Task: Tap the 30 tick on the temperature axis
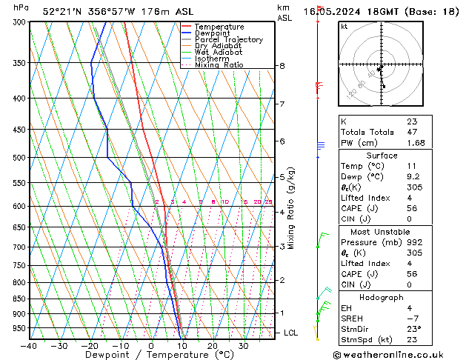243,345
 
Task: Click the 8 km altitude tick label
282,66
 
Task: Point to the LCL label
291,333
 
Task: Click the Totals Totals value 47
412,132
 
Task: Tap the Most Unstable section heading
382,231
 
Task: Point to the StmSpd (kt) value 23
412,339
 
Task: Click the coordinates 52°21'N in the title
61,12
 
